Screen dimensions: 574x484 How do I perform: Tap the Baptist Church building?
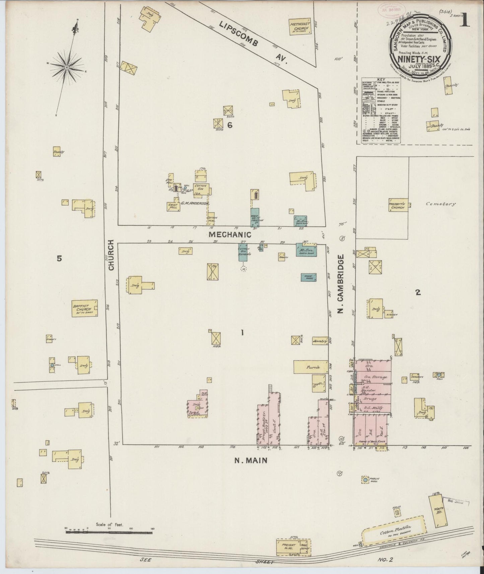84,308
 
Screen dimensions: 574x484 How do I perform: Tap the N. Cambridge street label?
341,284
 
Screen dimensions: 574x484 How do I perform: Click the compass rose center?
67,67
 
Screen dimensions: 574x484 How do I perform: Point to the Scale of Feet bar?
109,528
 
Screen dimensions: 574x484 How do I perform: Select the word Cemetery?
440,204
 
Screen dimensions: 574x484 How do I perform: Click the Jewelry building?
320,341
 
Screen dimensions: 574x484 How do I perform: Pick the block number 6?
230,125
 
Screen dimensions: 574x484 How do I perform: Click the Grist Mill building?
174,207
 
